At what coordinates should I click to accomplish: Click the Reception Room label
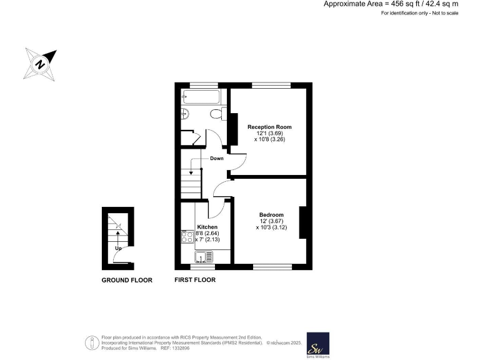[x=269, y=127]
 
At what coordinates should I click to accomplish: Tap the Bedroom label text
[x=271, y=215]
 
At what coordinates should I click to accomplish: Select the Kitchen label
[x=207, y=227]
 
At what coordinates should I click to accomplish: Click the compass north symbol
[x=40, y=64]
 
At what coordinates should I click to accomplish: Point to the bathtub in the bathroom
[x=201, y=97]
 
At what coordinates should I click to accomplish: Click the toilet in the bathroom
[x=216, y=114]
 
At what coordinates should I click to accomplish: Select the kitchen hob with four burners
[x=187, y=237]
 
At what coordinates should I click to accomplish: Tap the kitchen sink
[x=204, y=256]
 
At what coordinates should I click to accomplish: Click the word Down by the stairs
[x=216, y=159]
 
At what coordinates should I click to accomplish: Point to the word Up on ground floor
[x=117, y=248]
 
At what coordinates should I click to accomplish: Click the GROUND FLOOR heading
[x=127, y=280]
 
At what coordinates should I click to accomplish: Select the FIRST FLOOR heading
[x=195, y=280]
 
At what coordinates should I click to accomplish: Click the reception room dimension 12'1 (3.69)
[x=269, y=134]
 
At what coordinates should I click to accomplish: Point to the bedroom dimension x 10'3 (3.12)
[x=271, y=228]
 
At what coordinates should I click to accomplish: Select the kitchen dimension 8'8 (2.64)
[x=207, y=233]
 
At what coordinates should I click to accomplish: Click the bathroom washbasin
[x=185, y=114]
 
